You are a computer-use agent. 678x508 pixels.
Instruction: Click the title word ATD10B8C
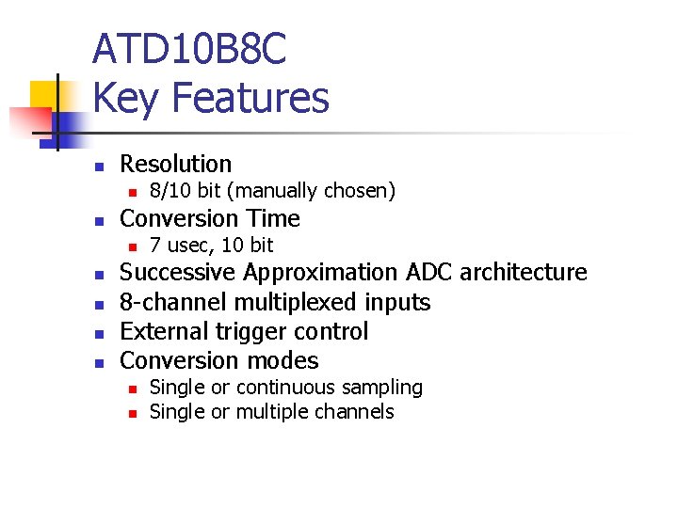(189, 50)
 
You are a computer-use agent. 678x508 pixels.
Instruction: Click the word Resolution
(175, 164)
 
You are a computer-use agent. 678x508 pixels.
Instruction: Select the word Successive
(178, 273)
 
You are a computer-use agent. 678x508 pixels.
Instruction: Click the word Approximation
(322, 273)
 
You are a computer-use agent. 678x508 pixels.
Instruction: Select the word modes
(286, 360)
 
